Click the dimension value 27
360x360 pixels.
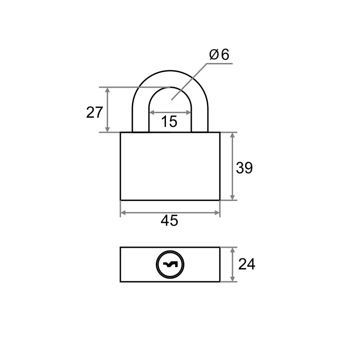tap(94, 113)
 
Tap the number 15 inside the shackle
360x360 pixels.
tap(169, 121)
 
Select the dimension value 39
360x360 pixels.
tap(244, 168)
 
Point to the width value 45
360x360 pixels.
tap(170, 221)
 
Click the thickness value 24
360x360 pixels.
tap(247, 264)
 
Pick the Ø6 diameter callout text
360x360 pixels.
tap(219, 55)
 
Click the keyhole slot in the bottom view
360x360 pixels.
tap(170, 265)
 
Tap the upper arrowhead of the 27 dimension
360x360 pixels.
tap(107, 90)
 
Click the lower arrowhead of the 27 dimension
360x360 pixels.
tap(107, 130)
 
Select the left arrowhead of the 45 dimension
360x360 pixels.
tap(123, 213)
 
